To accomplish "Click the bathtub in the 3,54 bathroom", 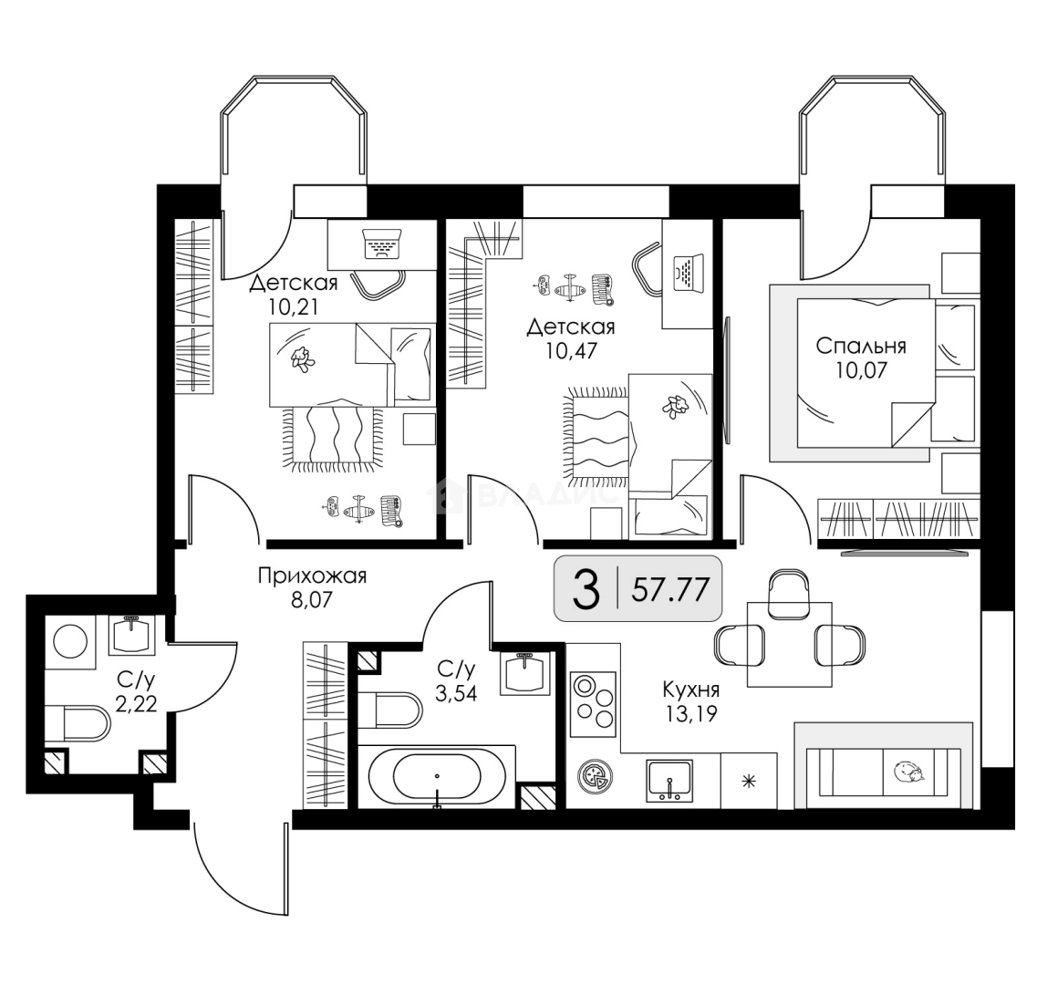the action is click(x=437, y=776).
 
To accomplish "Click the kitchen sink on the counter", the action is click(x=669, y=781).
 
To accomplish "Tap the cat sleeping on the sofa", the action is click(x=909, y=772).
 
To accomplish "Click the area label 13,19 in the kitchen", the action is click(x=690, y=714).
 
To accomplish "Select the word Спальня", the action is click(x=861, y=346).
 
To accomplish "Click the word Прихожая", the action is click(x=313, y=575).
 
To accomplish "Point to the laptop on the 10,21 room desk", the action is click(x=381, y=244).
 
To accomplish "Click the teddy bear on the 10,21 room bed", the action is click(x=303, y=359).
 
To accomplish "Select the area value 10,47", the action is click(x=571, y=350).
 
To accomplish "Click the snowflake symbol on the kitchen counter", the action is click(x=749, y=781).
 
